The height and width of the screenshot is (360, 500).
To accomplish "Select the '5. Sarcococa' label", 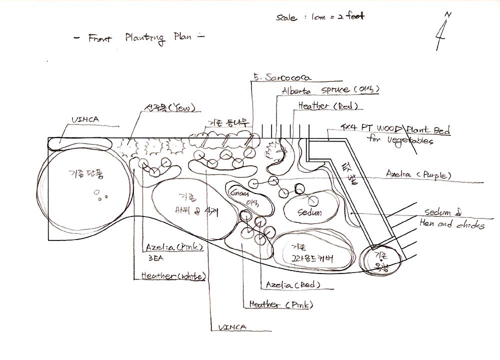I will tap(283, 77).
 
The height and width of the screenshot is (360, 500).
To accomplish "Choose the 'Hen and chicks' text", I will tap(451, 224).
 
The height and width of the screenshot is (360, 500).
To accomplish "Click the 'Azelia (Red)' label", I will tap(292, 285).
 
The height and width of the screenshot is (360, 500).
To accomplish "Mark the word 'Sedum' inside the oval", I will tap(309, 212).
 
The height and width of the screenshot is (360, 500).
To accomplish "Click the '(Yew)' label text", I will tap(181, 108).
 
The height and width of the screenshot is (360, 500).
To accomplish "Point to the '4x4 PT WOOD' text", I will tap(372, 127).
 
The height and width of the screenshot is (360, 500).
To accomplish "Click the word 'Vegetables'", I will tap(409, 140).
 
